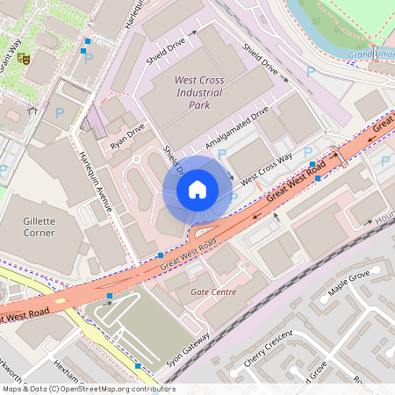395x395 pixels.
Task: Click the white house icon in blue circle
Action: tap(197, 189)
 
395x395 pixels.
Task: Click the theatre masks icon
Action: tap(25, 59)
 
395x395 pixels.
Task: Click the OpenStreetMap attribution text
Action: tap(89, 389)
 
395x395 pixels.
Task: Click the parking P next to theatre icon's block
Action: tap(88, 58)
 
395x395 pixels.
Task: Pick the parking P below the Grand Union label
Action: tap(309, 70)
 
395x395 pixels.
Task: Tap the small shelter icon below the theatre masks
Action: tap(32, 110)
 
